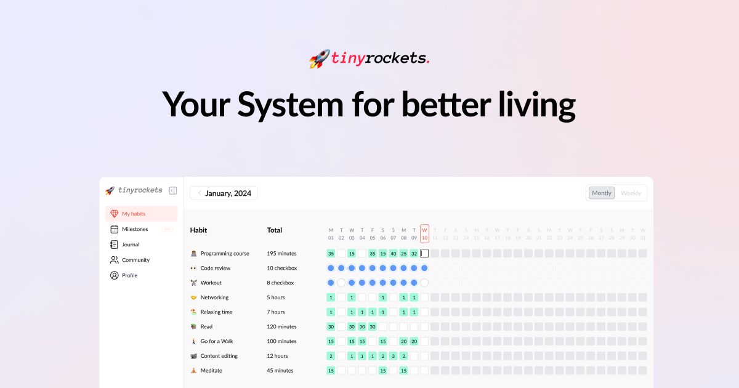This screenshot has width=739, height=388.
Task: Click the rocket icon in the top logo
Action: coord(320,59)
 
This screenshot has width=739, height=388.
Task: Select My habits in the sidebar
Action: coord(134,214)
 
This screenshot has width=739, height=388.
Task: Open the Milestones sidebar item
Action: coord(135,229)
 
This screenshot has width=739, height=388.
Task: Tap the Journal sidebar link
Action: coord(131,245)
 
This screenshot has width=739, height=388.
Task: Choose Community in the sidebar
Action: coord(135,260)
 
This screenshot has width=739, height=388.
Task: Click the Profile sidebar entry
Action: coord(129,275)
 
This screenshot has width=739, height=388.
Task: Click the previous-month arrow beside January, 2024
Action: coord(200,193)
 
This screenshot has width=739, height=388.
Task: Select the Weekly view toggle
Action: coord(631,193)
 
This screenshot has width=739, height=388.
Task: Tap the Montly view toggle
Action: coord(602,193)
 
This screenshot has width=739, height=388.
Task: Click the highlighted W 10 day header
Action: coord(424,234)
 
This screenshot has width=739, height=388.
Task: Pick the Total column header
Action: coord(275,230)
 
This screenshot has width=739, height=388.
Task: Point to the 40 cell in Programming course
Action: coord(393,253)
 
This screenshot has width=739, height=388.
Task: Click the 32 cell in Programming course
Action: coord(414,253)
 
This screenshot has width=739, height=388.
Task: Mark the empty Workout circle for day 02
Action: coord(341,283)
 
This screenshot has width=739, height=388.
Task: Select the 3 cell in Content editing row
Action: coord(393,356)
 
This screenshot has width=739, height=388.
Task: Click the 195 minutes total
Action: coord(281,253)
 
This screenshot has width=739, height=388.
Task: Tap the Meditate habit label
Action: coord(211,371)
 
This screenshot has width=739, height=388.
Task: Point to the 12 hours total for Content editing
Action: coord(277,356)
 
